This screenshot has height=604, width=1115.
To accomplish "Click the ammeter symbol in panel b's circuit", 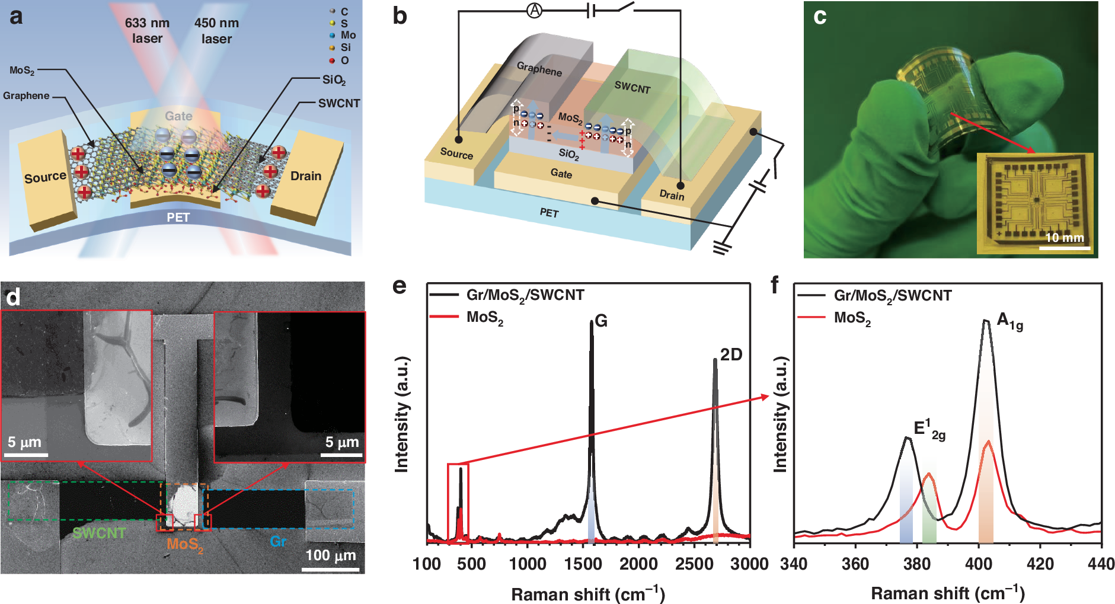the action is pos(534,10).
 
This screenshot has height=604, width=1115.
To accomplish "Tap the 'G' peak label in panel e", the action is pos(600,321).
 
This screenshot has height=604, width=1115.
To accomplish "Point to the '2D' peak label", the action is pos(731,354).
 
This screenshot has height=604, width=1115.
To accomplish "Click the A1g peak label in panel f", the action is pos(1009,321).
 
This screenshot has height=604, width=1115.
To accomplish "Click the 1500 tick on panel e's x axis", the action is pos(583,564).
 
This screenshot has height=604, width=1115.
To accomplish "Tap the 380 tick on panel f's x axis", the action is pos(917,564).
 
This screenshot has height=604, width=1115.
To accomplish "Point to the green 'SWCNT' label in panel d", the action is pos(99,533).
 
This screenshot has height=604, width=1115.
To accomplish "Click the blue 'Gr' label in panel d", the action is pos(278,541).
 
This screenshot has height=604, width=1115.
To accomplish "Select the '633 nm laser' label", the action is pos(147,31).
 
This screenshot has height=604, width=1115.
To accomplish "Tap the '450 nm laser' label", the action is pos(216,31).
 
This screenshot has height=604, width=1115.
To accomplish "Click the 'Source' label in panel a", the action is pos(45,177).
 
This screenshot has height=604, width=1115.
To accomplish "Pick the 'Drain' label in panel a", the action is pos(306,176).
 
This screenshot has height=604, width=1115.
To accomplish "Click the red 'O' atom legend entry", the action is pos(339,60).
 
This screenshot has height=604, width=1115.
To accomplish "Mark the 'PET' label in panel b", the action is pos(549,212).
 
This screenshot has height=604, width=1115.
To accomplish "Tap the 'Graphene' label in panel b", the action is pos(539,69).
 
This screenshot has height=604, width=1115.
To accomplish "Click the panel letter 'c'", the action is pos(820,16).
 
